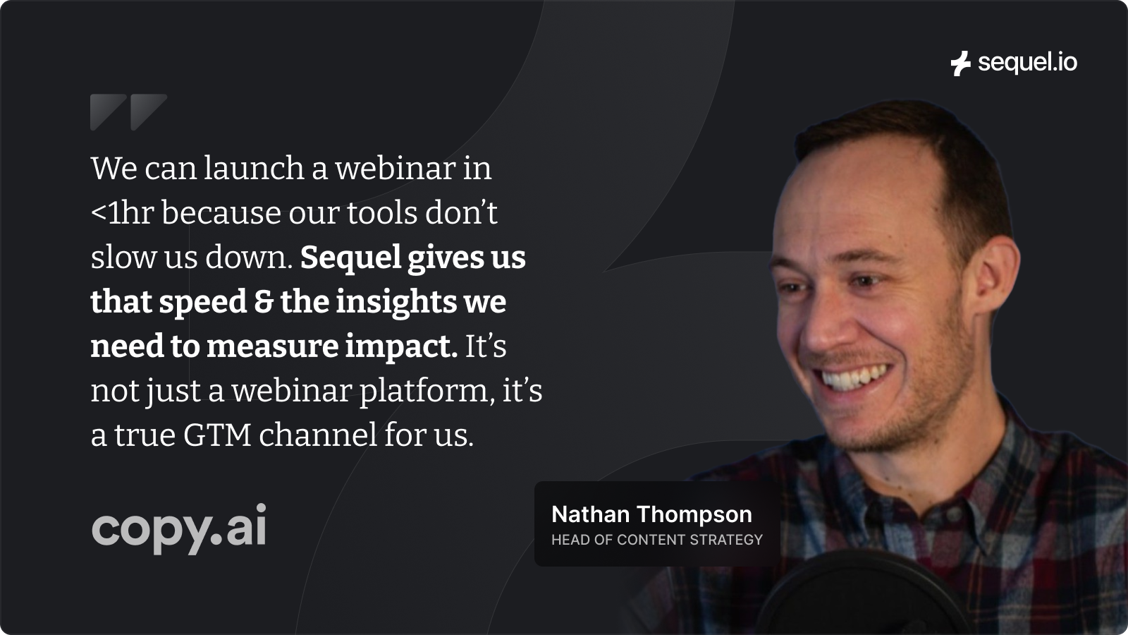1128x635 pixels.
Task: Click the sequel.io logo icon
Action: [961, 64]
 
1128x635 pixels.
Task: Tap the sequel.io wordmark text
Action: [1027, 63]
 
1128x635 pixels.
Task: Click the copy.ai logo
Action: [179, 528]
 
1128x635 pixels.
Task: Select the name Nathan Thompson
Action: [651, 514]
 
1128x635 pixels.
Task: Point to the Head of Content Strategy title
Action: [656, 540]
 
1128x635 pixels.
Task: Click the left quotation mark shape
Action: [109, 112]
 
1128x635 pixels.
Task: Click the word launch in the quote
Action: [254, 168]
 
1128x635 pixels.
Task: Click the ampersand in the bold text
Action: [264, 302]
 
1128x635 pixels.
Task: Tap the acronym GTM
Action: [217, 435]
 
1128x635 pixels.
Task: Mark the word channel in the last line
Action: [318, 435]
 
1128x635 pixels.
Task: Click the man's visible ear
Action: [995, 274]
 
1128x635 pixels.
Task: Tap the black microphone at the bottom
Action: [856, 595]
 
